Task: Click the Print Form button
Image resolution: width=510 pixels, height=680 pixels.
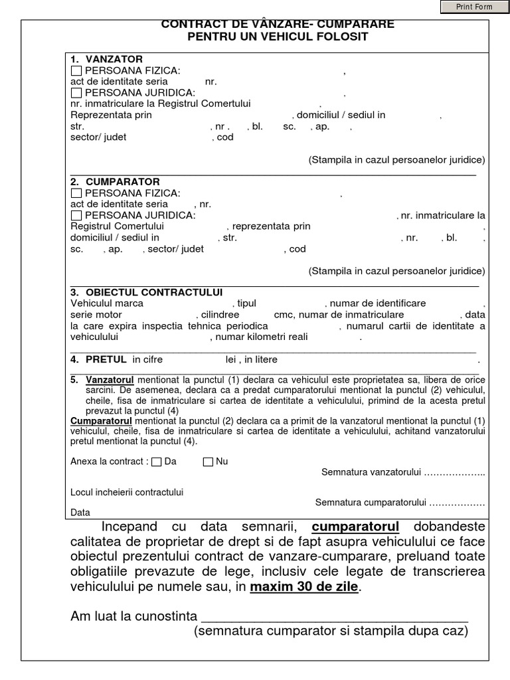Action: (x=474, y=7)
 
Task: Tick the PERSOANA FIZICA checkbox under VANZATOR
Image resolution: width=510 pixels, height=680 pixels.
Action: (x=76, y=71)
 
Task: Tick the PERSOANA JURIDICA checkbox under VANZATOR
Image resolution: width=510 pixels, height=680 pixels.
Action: (x=76, y=92)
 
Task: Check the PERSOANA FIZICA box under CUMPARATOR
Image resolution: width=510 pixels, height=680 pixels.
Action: (x=76, y=193)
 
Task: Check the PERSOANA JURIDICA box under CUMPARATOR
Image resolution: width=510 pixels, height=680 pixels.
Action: (x=76, y=215)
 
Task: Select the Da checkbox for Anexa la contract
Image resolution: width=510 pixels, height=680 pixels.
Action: (x=156, y=462)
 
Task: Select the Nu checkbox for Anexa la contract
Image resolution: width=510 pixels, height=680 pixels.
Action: (x=208, y=462)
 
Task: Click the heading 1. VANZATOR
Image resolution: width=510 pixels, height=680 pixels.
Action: (x=106, y=60)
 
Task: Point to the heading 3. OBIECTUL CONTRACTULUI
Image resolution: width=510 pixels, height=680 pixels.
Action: (x=146, y=292)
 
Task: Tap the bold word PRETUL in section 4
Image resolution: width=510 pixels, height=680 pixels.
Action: (x=106, y=359)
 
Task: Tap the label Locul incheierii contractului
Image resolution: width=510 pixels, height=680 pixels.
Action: (x=126, y=492)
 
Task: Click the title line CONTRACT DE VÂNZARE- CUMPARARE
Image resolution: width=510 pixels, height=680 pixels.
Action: (x=278, y=25)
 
